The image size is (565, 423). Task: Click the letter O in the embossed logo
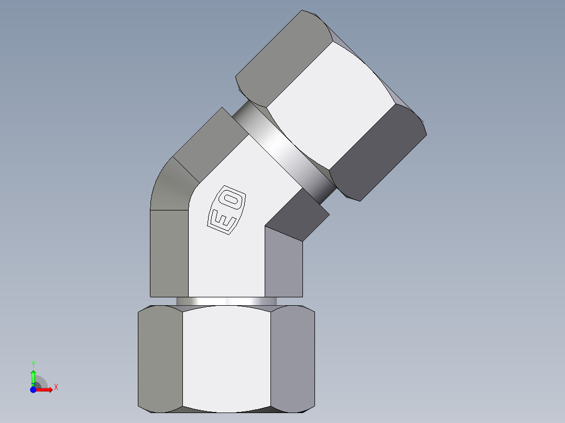232,199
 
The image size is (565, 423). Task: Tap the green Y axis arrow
33,376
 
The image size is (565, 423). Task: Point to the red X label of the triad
56,387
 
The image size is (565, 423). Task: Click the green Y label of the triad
33,364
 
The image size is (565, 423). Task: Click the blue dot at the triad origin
33,389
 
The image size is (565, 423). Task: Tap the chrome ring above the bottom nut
226,301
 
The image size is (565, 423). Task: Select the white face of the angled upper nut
330,105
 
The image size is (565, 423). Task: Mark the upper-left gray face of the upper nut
278,58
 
